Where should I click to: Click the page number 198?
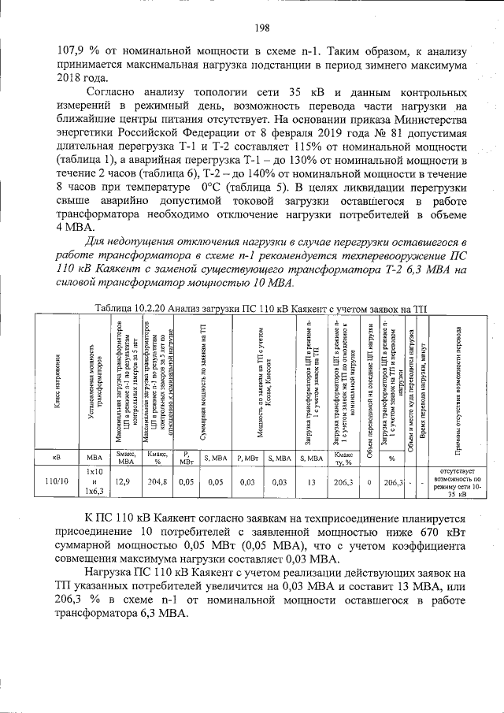point(263,28)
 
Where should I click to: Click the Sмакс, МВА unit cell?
point(125,458)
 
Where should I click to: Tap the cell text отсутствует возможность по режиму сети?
point(456,481)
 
